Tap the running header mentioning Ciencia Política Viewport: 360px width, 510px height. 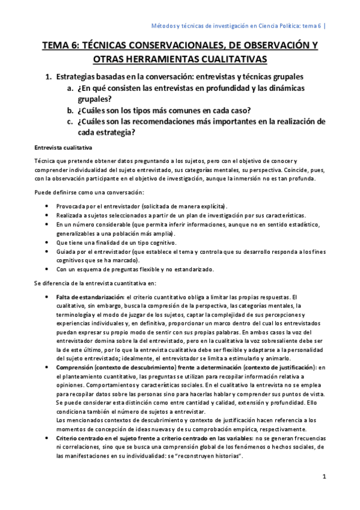236,26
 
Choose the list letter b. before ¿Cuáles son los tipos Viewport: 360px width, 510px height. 70,110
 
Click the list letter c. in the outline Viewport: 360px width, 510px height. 70,121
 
